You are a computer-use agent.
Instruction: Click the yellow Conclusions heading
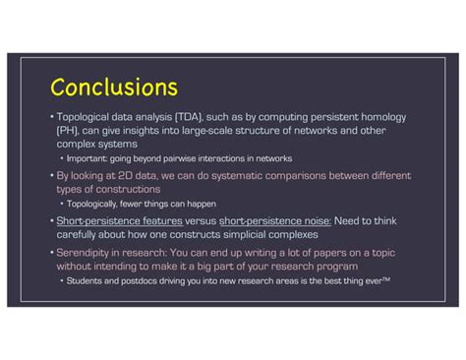(113, 88)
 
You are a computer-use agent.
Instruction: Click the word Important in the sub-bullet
(88, 158)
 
